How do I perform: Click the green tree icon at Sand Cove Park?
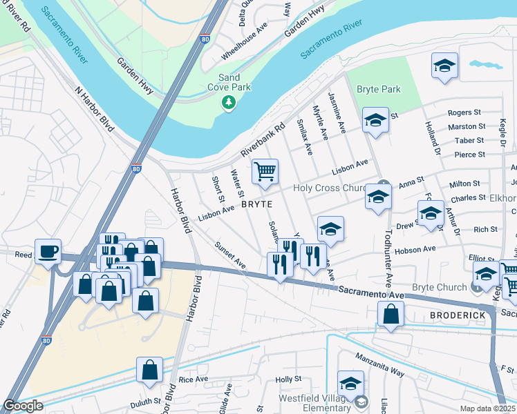(229, 103)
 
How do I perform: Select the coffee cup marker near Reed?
(48, 251)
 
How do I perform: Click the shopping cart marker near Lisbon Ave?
(265, 172)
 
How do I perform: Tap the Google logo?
(23, 406)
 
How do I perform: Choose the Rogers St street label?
(464, 112)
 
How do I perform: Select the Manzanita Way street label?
(379, 364)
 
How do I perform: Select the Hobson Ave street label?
(416, 248)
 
